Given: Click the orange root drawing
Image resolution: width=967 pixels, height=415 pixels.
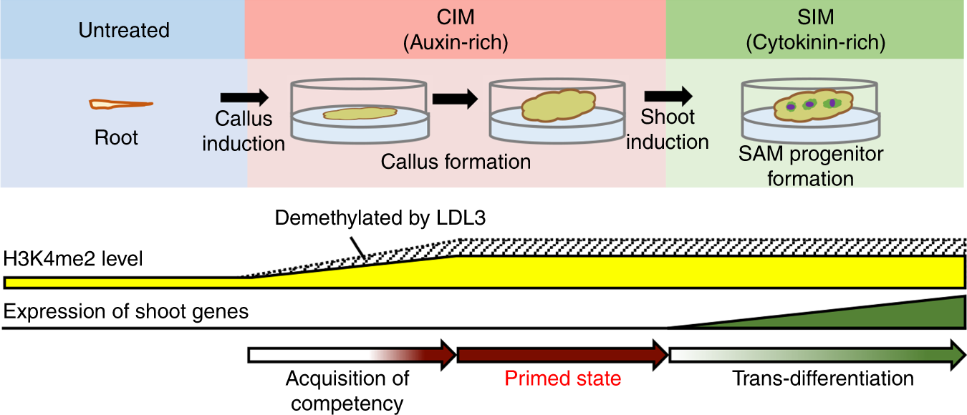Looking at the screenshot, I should click(x=120, y=105).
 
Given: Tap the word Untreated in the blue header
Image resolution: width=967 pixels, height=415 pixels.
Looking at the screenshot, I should click(x=124, y=31).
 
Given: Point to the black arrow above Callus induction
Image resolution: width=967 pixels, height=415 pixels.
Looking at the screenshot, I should click(x=244, y=97).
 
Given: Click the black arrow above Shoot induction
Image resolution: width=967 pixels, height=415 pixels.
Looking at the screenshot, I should click(x=668, y=95).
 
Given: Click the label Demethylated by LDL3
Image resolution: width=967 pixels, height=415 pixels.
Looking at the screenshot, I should click(x=380, y=219).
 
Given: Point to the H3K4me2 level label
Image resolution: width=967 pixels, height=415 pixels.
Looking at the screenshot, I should click(x=73, y=258).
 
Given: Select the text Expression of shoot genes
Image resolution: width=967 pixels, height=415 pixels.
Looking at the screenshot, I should click(x=126, y=311).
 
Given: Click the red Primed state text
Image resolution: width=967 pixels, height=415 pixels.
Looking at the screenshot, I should click(x=562, y=378).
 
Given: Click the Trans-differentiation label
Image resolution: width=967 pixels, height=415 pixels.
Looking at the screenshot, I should click(x=822, y=378).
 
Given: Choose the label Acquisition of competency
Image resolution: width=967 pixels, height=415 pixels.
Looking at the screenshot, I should click(x=347, y=390).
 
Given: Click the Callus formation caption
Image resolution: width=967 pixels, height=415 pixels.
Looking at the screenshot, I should click(x=456, y=161).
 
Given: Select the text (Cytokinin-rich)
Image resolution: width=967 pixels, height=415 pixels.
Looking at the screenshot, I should click(x=815, y=43).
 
